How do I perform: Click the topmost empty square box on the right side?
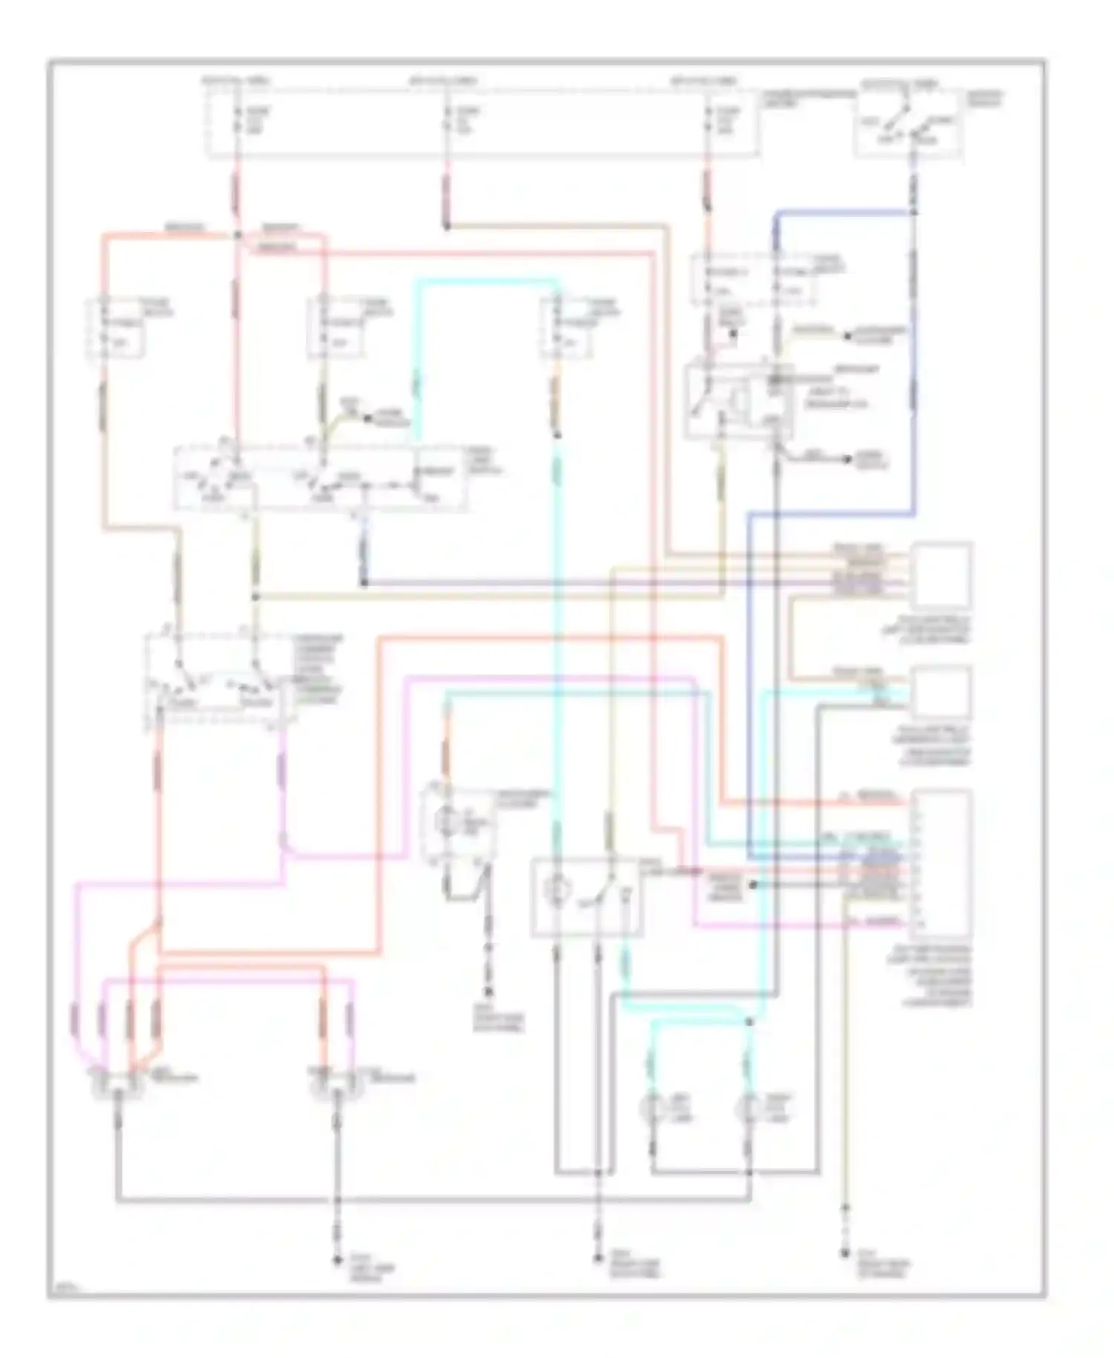pyautogui.click(x=942, y=576)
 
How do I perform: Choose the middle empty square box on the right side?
pyautogui.click(x=942, y=693)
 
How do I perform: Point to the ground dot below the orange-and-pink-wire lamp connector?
pyautogui.click(x=336, y=1260)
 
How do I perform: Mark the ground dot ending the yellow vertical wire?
pyautogui.click(x=844, y=1254)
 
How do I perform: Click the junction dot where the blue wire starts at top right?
pyautogui.click(x=913, y=212)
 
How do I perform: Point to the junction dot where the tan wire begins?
pyautogui.click(x=446, y=225)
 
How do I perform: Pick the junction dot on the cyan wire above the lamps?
pyautogui.click(x=749, y=1023)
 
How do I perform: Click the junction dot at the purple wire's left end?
pyautogui.click(x=364, y=583)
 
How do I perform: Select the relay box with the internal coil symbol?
pyautogui.click(x=738, y=398)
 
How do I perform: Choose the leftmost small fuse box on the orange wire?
pyautogui.click(x=117, y=328)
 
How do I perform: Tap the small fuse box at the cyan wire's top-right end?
pyautogui.click(x=567, y=328)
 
